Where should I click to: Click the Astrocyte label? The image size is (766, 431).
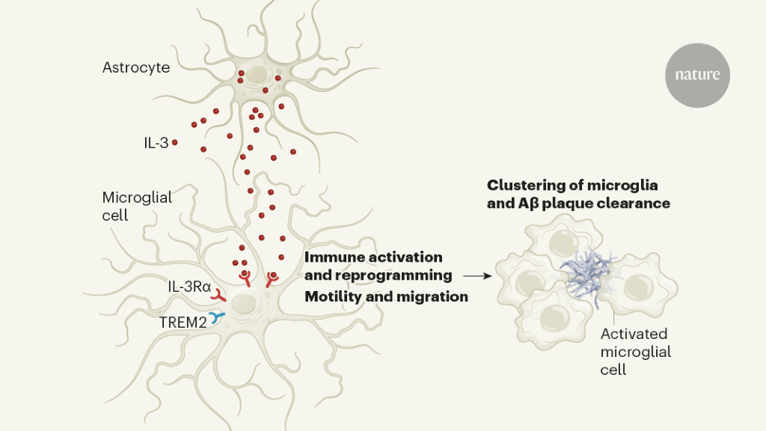pos(136,68)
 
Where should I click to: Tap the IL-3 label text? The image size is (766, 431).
pos(156,141)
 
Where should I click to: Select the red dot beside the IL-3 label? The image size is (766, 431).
pos(175,141)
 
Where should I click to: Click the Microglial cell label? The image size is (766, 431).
pos(137,207)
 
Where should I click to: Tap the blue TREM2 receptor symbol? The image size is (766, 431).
pos(216,319)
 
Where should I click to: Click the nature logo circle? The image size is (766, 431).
pos(697,76)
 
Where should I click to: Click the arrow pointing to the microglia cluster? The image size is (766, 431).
pos(477,276)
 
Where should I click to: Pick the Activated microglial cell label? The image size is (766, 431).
pos(635,352)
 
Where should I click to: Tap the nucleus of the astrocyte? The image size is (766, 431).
pos(257,75)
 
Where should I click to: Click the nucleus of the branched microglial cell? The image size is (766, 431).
pos(243,304)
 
